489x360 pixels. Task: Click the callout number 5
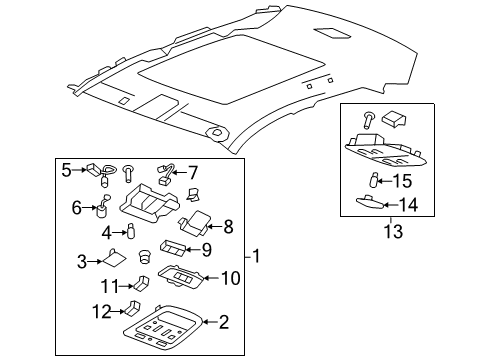click(67, 170)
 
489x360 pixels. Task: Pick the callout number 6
click(76, 208)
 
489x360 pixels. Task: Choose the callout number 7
click(193, 172)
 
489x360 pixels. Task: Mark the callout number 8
click(227, 226)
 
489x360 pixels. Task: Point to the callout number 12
click(100, 311)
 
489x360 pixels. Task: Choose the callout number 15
click(401, 181)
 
